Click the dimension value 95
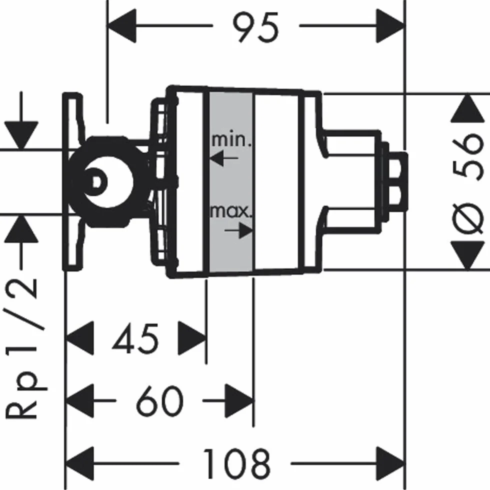click(x=255, y=27)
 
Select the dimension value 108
click(x=236, y=463)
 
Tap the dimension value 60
click(x=159, y=401)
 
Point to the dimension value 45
click(x=135, y=339)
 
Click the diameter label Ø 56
click(x=467, y=183)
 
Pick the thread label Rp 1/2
click(x=25, y=348)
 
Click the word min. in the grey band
click(x=231, y=140)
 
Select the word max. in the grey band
click(x=231, y=211)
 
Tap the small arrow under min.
click(x=224, y=158)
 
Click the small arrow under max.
click(x=238, y=230)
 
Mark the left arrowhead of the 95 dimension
click(x=122, y=25)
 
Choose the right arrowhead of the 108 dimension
click(x=390, y=463)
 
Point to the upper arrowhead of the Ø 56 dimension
click(x=467, y=108)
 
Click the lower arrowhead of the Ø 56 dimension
click(x=467, y=255)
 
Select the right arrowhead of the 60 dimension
click(x=239, y=400)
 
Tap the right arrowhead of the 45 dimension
click(x=192, y=338)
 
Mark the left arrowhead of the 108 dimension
click(x=80, y=463)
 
